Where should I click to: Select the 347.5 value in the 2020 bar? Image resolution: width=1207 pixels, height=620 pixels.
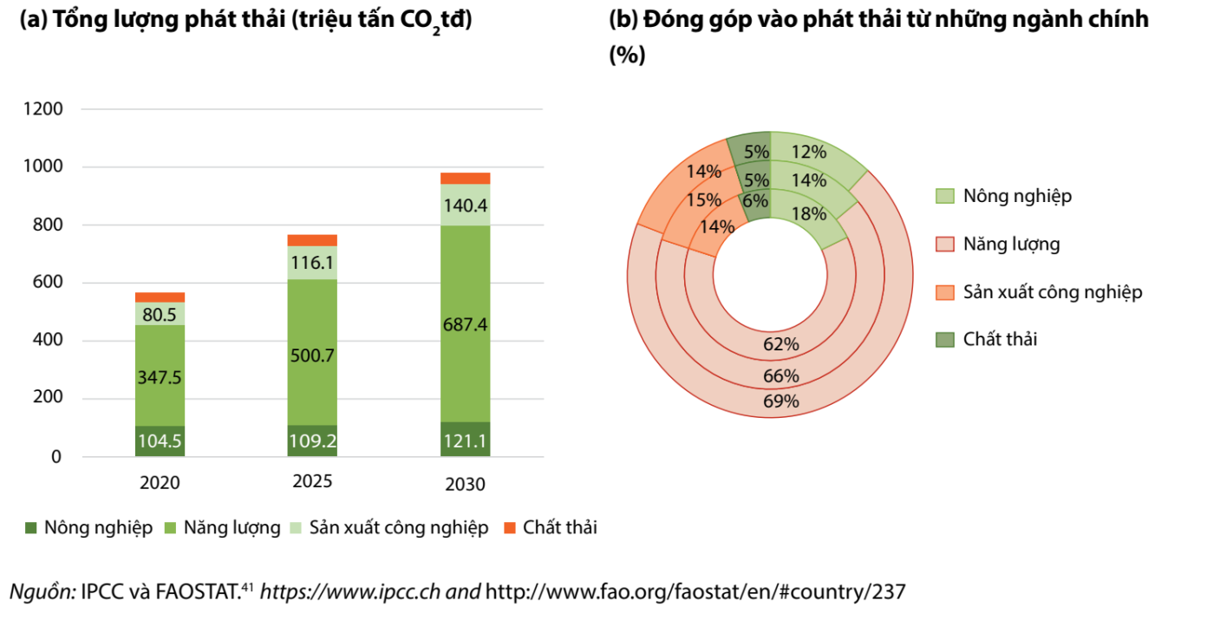click(160, 377)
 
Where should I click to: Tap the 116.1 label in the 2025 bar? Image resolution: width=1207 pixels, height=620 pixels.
click(312, 264)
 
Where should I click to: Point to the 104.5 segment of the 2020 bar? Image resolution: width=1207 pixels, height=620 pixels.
click(160, 441)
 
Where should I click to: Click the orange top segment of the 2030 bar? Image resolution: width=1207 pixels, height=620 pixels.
click(465, 178)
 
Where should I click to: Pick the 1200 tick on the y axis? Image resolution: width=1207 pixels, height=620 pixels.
click(45, 109)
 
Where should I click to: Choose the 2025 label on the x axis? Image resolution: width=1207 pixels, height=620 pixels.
click(312, 481)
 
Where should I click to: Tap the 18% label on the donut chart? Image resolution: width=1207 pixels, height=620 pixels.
click(808, 214)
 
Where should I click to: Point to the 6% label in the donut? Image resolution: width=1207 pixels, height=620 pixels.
click(754, 199)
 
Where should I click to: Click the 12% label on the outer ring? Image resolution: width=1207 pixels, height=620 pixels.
click(808, 152)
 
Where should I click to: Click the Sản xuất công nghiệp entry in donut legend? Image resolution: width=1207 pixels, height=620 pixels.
click(1053, 291)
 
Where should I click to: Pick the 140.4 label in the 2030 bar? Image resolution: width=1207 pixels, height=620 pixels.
click(465, 206)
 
